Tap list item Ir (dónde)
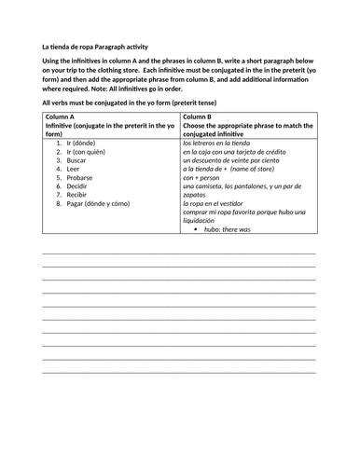82,144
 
